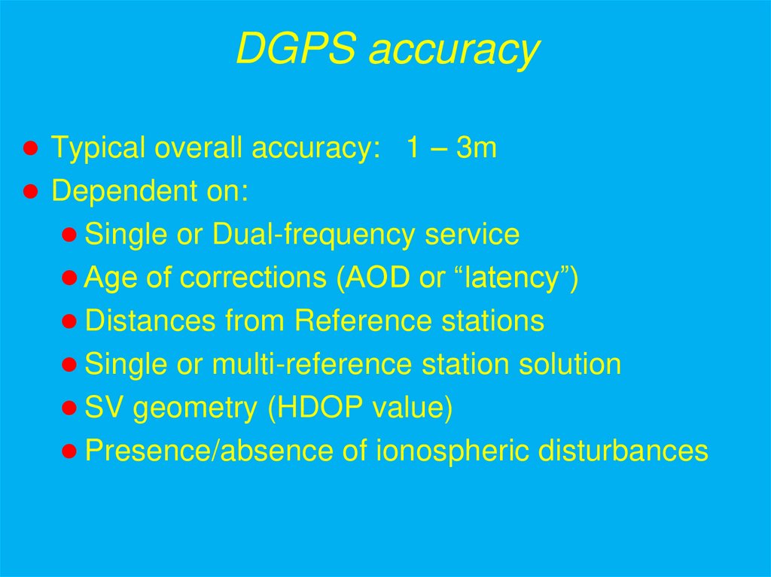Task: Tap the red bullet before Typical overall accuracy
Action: pos(31,148)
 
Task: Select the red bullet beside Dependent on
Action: pos(31,191)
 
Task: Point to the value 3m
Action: pos(476,147)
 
